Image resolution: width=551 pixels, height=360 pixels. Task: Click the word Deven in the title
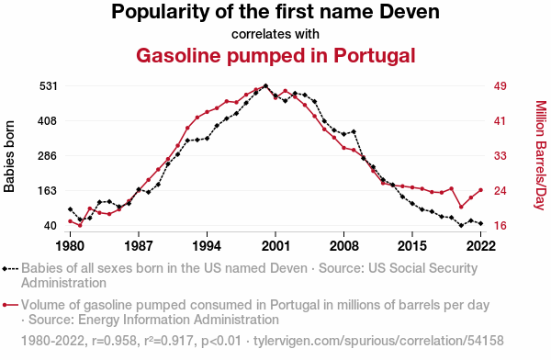[410, 12]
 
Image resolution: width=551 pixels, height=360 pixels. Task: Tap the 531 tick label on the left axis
[48, 86]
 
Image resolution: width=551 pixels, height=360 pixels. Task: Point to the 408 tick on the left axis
[47, 121]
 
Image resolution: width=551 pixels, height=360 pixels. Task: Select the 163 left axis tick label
[48, 191]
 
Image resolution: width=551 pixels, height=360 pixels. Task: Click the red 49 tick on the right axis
[500, 86]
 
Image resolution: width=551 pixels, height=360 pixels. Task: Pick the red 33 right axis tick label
[500, 156]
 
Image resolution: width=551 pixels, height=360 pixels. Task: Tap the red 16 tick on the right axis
[500, 226]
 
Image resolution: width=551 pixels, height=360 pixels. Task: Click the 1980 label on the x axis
[71, 246]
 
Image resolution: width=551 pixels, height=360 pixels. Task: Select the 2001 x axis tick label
[275, 246]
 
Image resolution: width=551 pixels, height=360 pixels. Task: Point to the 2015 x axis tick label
[412, 246]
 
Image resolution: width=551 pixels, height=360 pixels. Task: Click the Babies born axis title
[9, 156]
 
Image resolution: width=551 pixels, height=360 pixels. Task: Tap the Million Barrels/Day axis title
[541, 155]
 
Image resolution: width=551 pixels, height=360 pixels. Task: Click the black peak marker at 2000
[265, 85]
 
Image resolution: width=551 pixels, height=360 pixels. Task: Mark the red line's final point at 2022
[480, 190]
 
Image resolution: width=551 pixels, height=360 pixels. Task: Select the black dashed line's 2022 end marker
[480, 223]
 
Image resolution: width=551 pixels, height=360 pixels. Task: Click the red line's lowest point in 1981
[80, 225]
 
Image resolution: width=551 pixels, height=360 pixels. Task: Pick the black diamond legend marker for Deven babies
[5, 269]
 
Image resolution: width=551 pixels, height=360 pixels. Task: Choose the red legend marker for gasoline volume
[5, 305]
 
